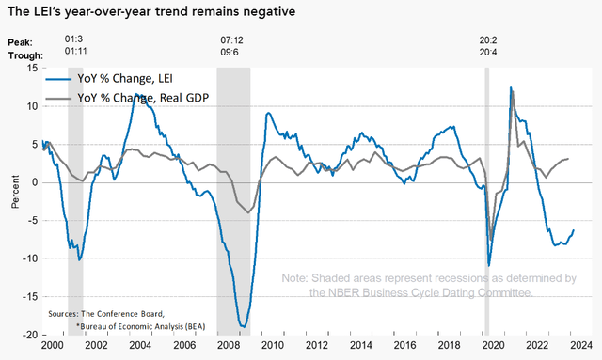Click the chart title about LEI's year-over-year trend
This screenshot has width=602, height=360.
148,12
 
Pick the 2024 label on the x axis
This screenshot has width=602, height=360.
578,346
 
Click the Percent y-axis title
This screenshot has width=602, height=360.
13,201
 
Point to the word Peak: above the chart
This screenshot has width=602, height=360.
20,42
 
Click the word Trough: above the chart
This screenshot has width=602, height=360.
24,55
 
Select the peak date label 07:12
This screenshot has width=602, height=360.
232,42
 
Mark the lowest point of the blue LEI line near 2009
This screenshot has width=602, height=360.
244,327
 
